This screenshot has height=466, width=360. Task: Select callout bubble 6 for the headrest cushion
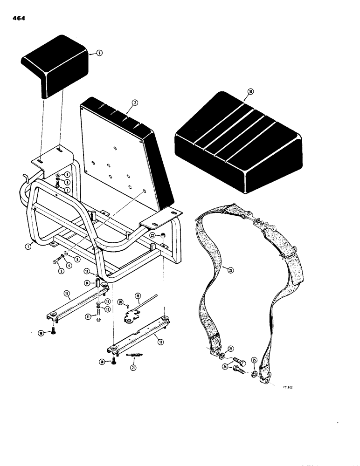click(99, 54)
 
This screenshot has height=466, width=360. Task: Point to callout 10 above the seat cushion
click(250, 92)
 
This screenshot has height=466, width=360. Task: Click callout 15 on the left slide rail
click(67, 293)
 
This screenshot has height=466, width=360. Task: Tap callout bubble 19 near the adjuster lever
click(138, 295)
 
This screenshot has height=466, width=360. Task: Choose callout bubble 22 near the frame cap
click(153, 235)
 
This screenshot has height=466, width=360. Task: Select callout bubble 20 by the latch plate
click(120, 302)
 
